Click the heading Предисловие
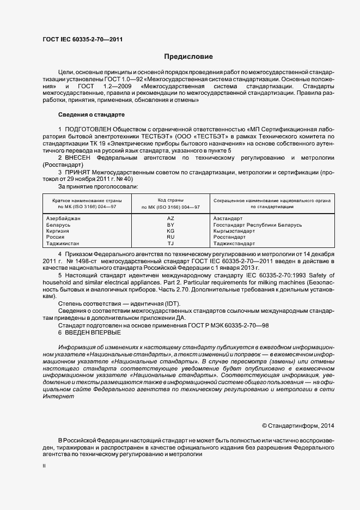click(189, 57)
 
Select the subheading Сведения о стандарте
click(91, 115)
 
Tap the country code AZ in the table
click(170, 218)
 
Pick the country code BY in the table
click(170, 225)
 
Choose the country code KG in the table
click(170, 231)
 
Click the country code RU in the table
click(170, 238)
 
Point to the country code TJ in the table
click(170, 244)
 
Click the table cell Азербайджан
click(64, 218)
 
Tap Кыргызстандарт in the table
click(234, 231)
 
